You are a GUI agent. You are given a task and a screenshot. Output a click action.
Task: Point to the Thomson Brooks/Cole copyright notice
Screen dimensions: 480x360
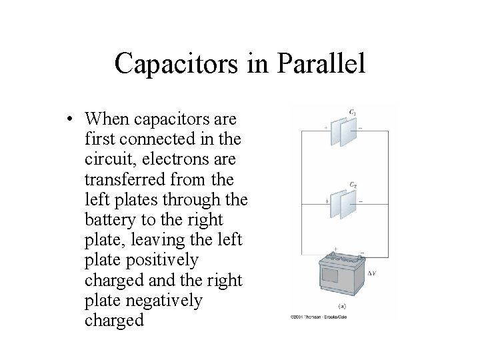(318, 317)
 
